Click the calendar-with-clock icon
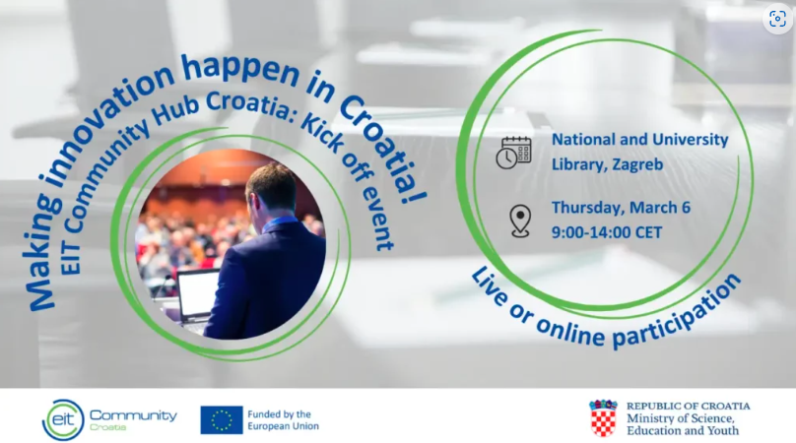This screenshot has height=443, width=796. coord(513,153)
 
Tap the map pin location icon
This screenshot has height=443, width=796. coord(519,221)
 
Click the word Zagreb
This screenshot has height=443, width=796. coord(624,163)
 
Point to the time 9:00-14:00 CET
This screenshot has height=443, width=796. coord(606,232)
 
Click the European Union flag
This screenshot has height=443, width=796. coord(222,419)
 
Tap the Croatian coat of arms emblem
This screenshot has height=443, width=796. coord(603,418)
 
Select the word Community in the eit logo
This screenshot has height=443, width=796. coord(133,414)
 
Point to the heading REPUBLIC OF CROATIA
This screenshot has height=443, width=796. coord(688,406)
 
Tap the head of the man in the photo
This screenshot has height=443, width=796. coord(270,190)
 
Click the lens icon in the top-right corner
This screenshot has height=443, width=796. coord(776,20)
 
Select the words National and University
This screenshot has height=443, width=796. coord(639,140)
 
